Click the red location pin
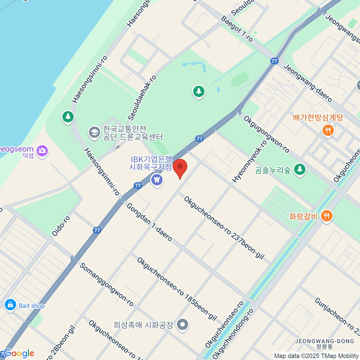(180, 167)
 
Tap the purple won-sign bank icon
(157, 180)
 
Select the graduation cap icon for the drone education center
(94, 132)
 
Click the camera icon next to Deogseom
(42, 151)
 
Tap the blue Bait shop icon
(10, 305)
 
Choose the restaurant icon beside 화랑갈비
(327, 216)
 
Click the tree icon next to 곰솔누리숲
(299, 169)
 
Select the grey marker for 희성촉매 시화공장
(182, 324)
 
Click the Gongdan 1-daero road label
(149, 222)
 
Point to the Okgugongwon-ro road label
(266, 134)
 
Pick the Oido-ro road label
(61, 226)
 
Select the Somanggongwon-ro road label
(106, 284)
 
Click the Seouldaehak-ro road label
(142, 97)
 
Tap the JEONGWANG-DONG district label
(325, 341)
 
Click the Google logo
(19, 353)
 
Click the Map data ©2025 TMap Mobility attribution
(316, 356)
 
